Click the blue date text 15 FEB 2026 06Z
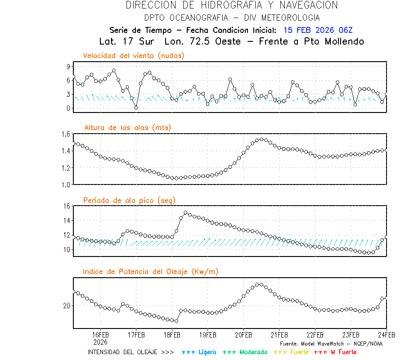pos(318,30)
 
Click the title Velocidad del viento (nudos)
pos(134,55)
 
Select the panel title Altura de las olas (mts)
pos(127,128)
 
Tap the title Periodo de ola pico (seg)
pos(129,200)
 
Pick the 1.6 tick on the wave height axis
pos(66,134)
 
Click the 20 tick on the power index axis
pos(67,306)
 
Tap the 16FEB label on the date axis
pos(100,335)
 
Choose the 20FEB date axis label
pos(243,335)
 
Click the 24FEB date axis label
pos(386,335)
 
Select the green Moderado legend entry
pos(245,352)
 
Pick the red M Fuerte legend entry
pos(335,352)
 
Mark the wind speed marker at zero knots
pos(136,108)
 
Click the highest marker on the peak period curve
pos(185,213)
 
